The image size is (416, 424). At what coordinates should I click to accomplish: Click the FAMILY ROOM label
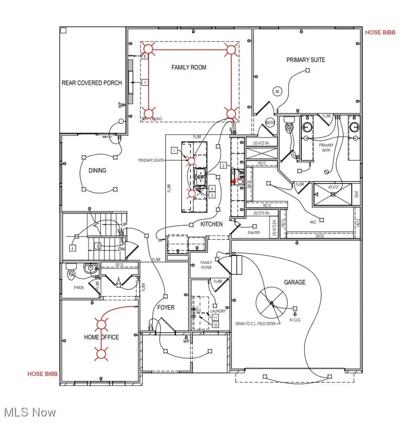(x=189, y=67)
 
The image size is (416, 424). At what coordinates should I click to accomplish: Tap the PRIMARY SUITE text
(x=306, y=60)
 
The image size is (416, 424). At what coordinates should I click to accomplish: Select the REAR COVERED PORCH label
(x=92, y=83)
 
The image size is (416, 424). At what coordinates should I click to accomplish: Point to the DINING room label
(x=97, y=170)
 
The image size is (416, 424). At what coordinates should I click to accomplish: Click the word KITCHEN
(x=211, y=224)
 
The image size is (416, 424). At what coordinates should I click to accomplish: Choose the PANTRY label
(x=254, y=233)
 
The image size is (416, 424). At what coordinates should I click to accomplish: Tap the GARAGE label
(x=295, y=282)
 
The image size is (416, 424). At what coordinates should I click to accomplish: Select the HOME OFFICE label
(x=101, y=337)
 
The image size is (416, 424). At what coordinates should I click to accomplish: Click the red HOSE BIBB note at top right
(x=380, y=33)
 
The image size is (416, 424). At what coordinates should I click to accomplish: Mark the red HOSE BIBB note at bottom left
(x=42, y=374)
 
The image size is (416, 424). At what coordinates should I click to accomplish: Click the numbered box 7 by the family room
(x=145, y=83)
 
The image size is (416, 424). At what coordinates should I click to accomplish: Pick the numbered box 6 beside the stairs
(x=73, y=248)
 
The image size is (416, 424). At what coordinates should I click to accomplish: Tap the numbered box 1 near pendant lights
(x=174, y=150)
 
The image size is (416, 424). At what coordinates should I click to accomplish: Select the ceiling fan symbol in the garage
(x=272, y=303)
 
